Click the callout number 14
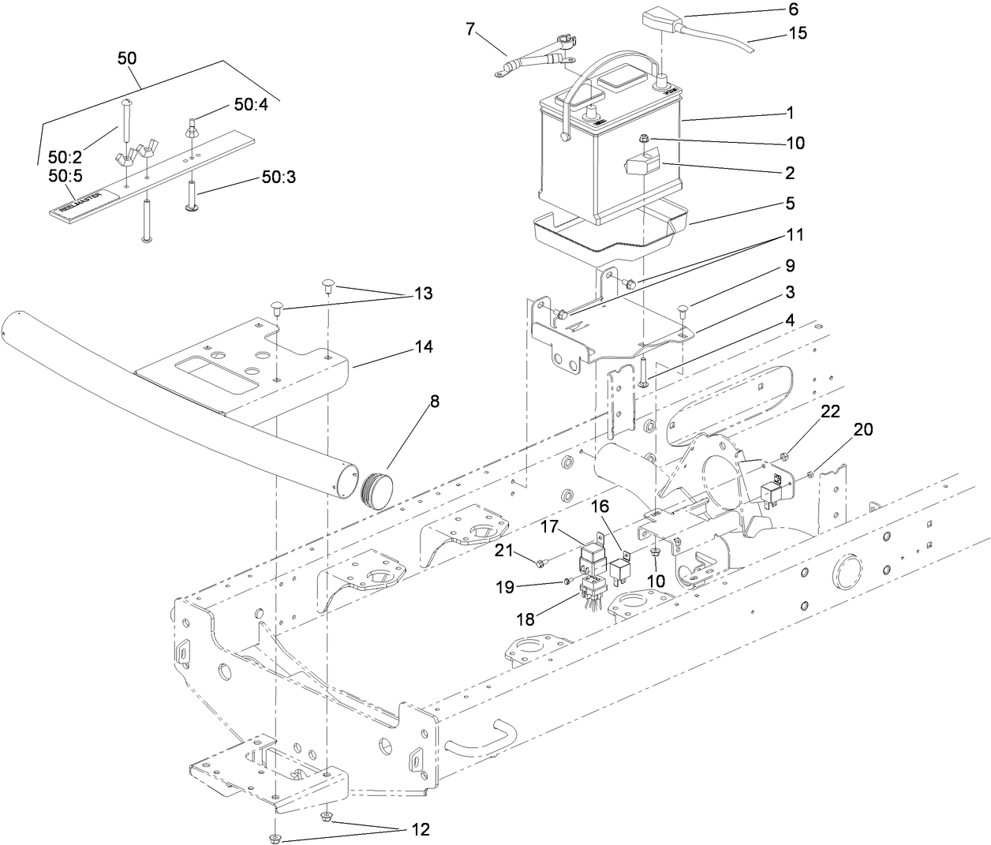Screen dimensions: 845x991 click(x=424, y=347)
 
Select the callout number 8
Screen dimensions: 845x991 click(x=434, y=401)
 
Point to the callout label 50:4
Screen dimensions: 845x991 click(x=251, y=105)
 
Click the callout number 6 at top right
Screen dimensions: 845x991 click(x=793, y=9)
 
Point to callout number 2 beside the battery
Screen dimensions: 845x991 click(x=790, y=173)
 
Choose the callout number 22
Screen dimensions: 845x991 click(x=830, y=411)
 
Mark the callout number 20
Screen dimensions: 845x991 click(x=863, y=429)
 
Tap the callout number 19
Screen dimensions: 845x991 click(x=527, y=587)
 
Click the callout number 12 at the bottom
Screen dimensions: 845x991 click(x=420, y=830)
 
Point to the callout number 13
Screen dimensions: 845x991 click(x=424, y=294)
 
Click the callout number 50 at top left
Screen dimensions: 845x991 click(x=126, y=58)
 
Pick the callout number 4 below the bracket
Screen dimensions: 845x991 click(x=789, y=320)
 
